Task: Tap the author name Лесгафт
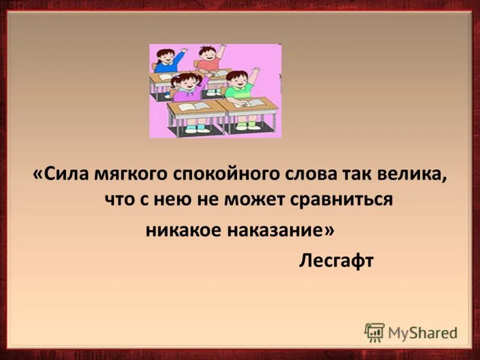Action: pos(336,262)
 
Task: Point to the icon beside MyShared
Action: pos(374,332)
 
